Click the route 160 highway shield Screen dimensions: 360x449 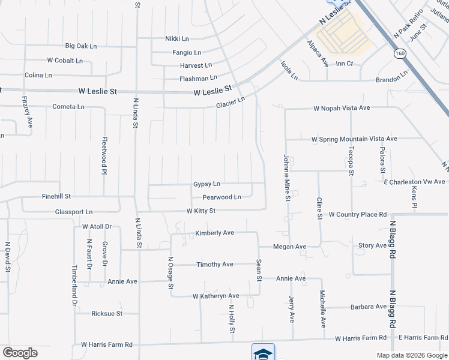(x=399, y=54)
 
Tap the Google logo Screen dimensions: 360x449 (x=20, y=353)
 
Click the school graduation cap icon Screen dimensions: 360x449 (x=263, y=353)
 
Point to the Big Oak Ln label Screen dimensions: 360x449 (x=81, y=46)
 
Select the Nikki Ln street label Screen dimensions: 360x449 (x=177, y=38)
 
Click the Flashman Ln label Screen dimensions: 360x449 (x=198, y=78)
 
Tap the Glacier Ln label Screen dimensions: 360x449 (x=231, y=103)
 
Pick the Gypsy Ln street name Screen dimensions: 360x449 (x=206, y=184)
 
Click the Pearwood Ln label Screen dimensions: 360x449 (x=221, y=197)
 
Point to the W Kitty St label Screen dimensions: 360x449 (x=200, y=211)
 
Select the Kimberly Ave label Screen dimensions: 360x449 (x=214, y=233)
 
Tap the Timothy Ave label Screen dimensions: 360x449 (x=215, y=264)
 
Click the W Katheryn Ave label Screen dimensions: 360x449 (x=215, y=296)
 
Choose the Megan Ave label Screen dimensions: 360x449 (x=289, y=247)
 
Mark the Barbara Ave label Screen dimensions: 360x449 (x=369, y=307)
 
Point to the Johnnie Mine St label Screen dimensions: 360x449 (x=287, y=178)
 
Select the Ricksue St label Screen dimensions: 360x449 (x=107, y=313)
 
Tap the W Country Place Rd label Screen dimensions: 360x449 (x=357, y=214)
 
